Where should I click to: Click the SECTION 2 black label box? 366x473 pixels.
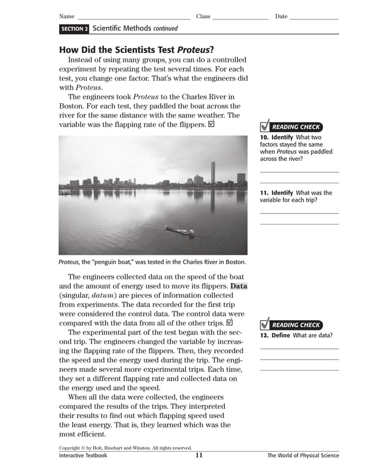point(74,29)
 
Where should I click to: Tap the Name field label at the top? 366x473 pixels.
point(67,17)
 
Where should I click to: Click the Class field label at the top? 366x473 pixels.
point(203,17)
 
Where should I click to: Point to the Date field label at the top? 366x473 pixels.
point(281,17)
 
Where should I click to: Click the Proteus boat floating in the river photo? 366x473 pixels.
point(180,231)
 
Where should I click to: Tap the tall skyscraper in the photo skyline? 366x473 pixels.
point(213,172)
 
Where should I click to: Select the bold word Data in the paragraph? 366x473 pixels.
point(239,286)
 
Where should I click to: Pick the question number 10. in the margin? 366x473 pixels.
point(264,137)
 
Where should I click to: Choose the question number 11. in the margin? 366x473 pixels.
point(264,193)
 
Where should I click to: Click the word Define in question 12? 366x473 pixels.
point(281,336)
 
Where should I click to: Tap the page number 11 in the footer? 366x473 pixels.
point(198,456)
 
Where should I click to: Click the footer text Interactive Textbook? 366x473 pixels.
point(83,456)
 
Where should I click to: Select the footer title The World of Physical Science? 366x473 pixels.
point(303,456)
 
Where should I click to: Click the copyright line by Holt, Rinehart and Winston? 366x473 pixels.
point(125,448)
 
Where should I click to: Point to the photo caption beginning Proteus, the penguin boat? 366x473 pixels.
point(152,262)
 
